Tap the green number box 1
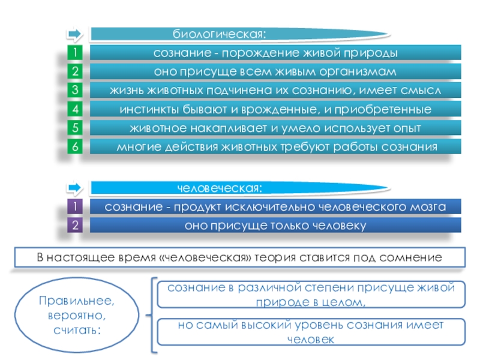click(x=75, y=53)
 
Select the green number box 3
click(x=75, y=91)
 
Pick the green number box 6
click(x=75, y=146)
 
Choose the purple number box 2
click(x=75, y=226)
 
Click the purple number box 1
click(x=75, y=207)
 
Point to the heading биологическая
click(x=218, y=34)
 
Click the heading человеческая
click(x=219, y=189)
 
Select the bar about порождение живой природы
click(x=275, y=53)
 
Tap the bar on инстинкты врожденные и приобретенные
click(x=275, y=109)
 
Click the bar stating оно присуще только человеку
click(x=275, y=226)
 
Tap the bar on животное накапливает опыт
click(x=275, y=128)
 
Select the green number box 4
click(x=75, y=109)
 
